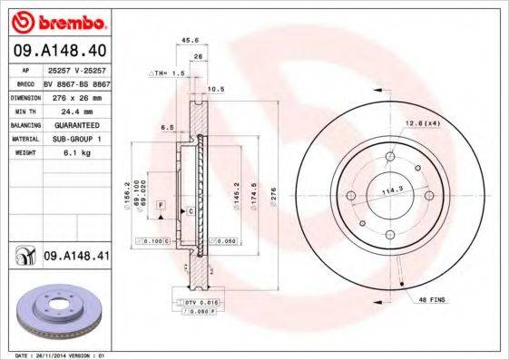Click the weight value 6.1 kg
pos(60,153)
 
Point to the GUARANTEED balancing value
pos(70,124)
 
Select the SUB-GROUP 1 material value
pos(70,139)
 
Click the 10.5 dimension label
pos(217,89)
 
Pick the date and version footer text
pos(55,355)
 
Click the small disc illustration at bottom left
pos(59,308)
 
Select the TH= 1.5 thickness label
pos(169,72)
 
